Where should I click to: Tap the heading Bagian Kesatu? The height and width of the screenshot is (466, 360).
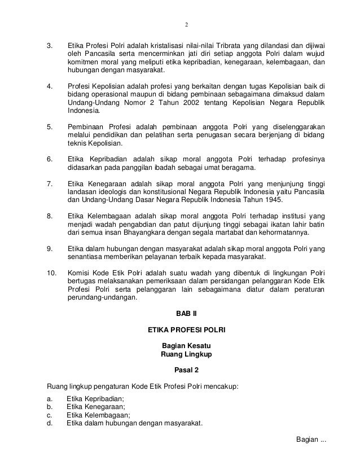coord(187,346)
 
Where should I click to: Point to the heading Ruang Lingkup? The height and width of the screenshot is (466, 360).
coord(187,355)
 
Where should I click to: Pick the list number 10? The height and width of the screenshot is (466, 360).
coord(51,273)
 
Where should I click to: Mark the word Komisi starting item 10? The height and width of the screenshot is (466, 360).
coord(79,273)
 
